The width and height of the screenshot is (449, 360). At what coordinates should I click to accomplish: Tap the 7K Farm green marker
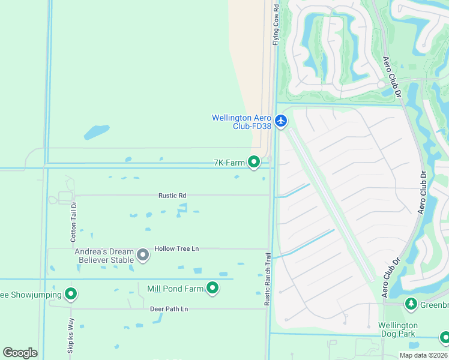(x=254, y=162)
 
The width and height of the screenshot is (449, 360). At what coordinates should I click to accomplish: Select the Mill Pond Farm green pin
(x=212, y=289)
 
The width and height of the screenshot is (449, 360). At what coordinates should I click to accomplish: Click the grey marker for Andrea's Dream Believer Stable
(x=143, y=256)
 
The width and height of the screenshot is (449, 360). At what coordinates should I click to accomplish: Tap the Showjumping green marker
(x=71, y=294)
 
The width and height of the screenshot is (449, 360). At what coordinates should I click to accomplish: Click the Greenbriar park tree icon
(x=411, y=304)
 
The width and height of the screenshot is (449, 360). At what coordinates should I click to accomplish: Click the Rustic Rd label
(x=172, y=196)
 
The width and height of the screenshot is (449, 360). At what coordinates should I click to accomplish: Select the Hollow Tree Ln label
(x=176, y=248)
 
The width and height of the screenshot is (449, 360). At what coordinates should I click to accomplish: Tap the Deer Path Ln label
(x=169, y=309)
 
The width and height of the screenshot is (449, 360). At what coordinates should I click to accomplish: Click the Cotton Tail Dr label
(x=74, y=222)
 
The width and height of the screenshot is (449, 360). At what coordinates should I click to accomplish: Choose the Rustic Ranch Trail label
(x=268, y=279)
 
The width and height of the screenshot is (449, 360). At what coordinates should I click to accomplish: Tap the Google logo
(x=20, y=353)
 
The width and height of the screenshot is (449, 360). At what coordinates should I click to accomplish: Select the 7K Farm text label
(x=229, y=163)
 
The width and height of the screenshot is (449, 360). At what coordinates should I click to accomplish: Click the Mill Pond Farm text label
(x=176, y=289)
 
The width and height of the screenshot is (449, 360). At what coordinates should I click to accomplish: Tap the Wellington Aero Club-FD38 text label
(x=241, y=122)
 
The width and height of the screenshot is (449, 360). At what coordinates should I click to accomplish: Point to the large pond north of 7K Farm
(x=96, y=131)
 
